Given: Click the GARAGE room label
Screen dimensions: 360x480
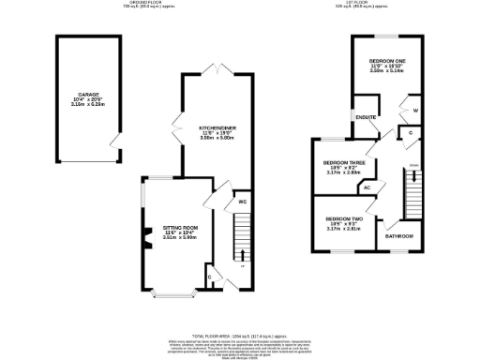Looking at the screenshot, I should pyautogui.click(x=89, y=95).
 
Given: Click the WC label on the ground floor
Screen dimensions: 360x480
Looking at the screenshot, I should pyautogui.click(x=242, y=201).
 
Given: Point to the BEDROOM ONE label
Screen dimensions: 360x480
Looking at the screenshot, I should pyautogui.click(x=386, y=62).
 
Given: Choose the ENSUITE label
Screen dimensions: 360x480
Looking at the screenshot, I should pyautogui.click(x=365, y=117).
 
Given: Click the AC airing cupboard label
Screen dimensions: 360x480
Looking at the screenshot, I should pyautogui.click(x=367, y=187).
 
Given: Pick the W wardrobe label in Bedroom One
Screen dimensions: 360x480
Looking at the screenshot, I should pyautogui.click(x=414, y=111).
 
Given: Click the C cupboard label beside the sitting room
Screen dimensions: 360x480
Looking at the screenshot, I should pyautogui.click(x=209, y=277).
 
